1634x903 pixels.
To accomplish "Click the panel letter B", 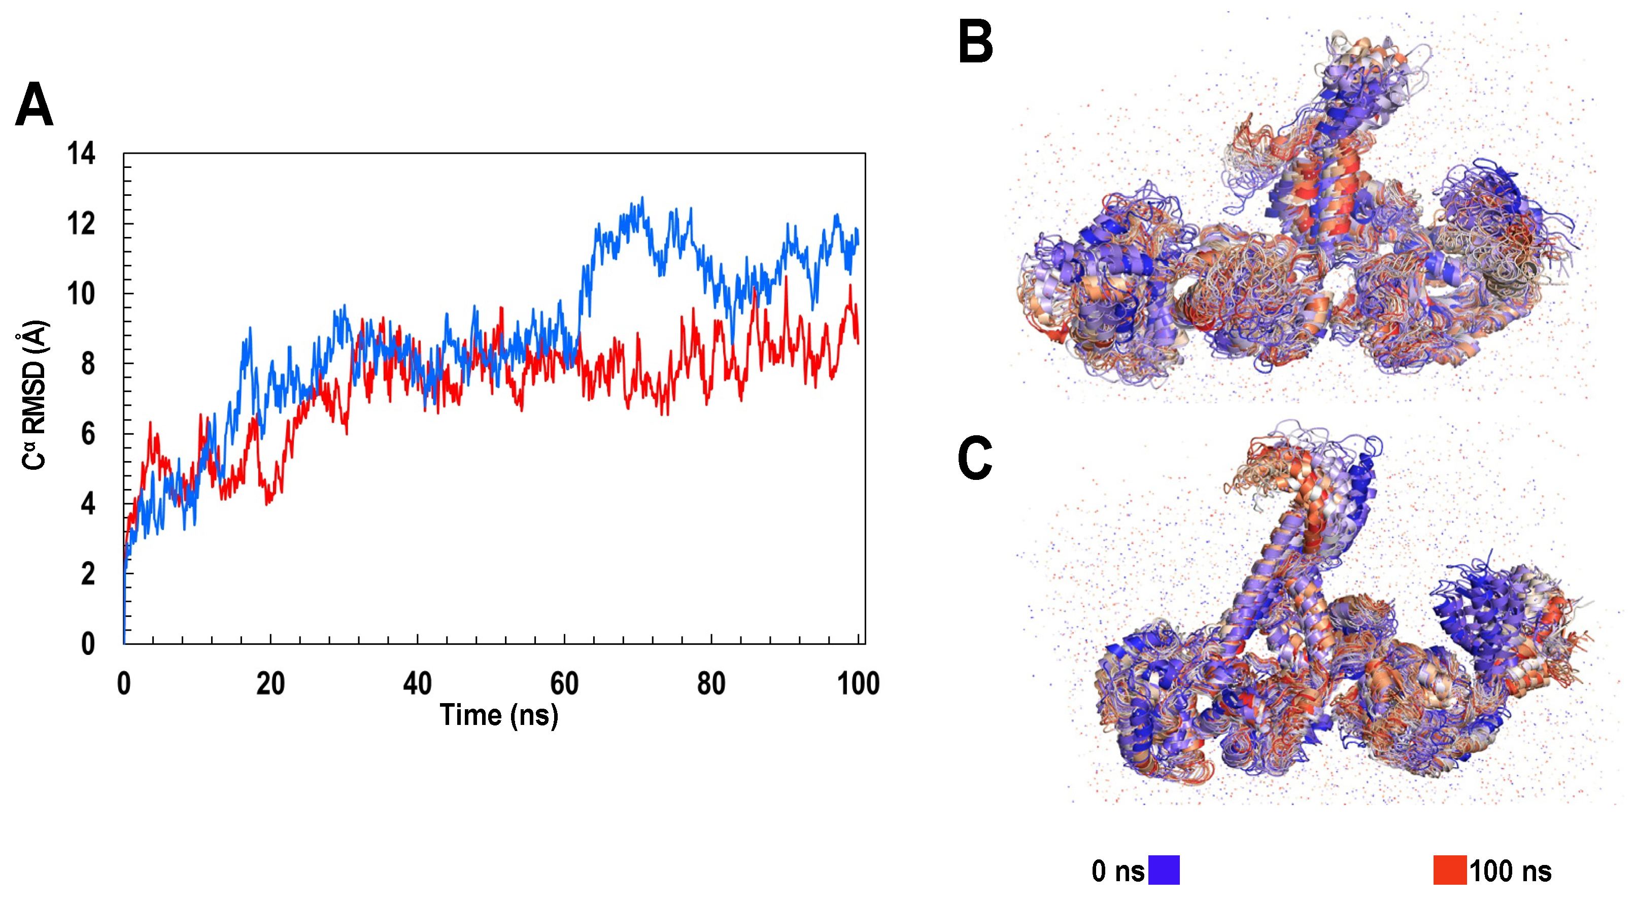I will [975, 42].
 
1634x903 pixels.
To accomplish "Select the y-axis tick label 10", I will [81, 294].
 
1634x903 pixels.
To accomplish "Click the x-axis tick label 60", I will [564, 684].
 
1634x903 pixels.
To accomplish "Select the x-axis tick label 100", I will [858, 684].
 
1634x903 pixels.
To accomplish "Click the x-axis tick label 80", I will [711, 684].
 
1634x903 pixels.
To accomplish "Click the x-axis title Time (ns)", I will [498, 715].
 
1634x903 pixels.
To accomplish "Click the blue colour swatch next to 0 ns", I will [1164, 870].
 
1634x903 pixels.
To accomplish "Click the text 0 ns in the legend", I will [1117, 872].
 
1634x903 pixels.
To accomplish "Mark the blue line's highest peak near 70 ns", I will [642, 198].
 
